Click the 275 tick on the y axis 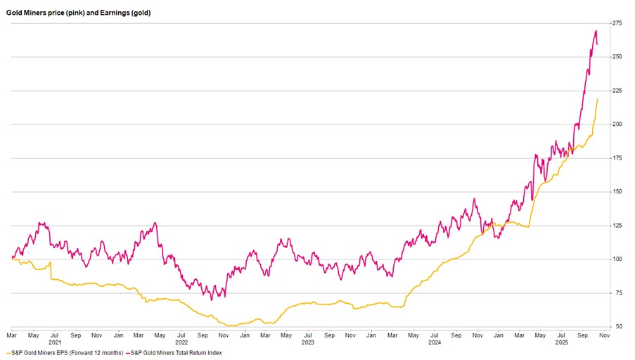click(617, 23)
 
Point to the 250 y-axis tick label click(617, 57)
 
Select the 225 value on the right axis click(617, 91)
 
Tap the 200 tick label click(617, 124)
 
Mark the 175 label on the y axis click(617, 158)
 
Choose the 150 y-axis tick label click(617, 192)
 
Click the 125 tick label click(617, 226)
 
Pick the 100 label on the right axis click(617, 259)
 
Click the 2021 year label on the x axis click(54, 342)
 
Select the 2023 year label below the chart click(307, 342)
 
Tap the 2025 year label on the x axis click(561, 342)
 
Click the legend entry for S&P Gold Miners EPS click(68, 352)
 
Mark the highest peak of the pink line click(596, 31)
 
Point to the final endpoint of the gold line click(598, 99)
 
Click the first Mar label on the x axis click(12, 336)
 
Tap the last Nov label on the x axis click(603, 336)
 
